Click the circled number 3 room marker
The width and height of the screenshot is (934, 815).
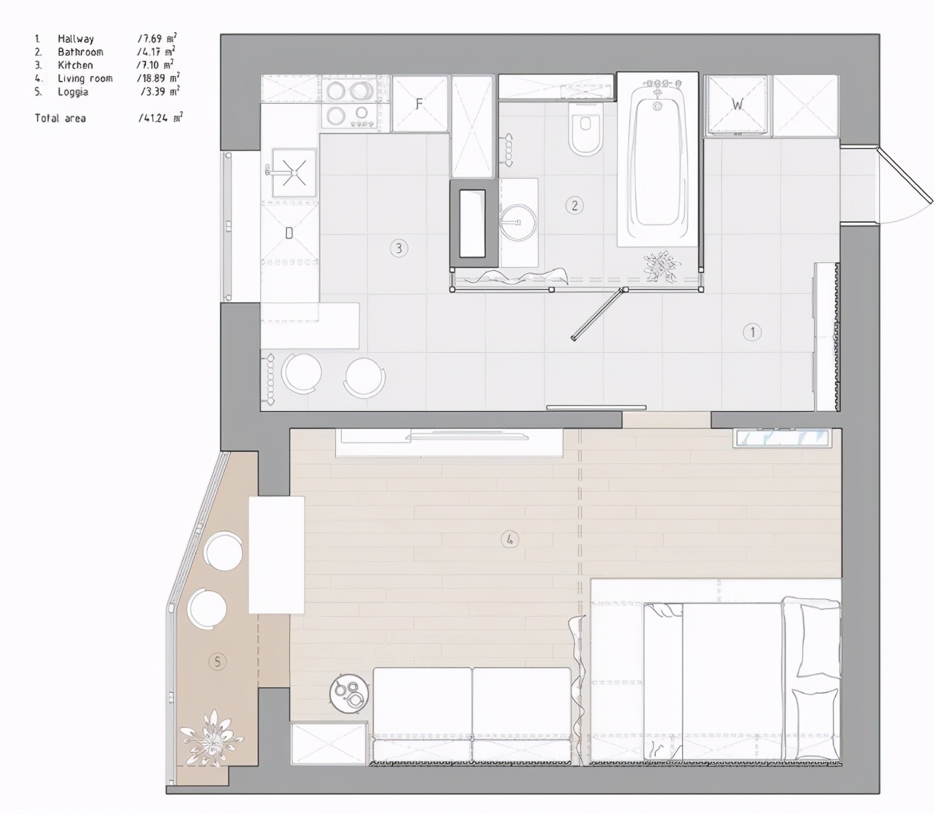pos(399,249)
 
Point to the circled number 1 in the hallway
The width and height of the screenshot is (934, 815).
pos(752,332)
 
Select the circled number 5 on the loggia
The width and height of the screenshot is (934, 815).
pos(217,662)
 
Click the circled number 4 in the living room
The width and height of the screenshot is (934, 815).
pos(510,539)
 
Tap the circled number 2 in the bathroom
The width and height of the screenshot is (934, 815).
pos(574,205)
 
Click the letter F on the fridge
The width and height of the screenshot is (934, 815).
pos(419,104)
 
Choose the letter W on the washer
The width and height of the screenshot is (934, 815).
pos(737,104)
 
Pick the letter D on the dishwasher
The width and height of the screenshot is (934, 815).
pos(289,233)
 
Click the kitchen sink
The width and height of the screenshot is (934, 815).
pos(294,173)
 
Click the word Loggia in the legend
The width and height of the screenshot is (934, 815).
pos(72,92)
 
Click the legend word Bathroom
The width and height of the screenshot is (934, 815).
pos(80,52)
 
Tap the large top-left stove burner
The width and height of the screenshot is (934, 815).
pos(336,90)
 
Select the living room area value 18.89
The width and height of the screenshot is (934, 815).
pos(154,78)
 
